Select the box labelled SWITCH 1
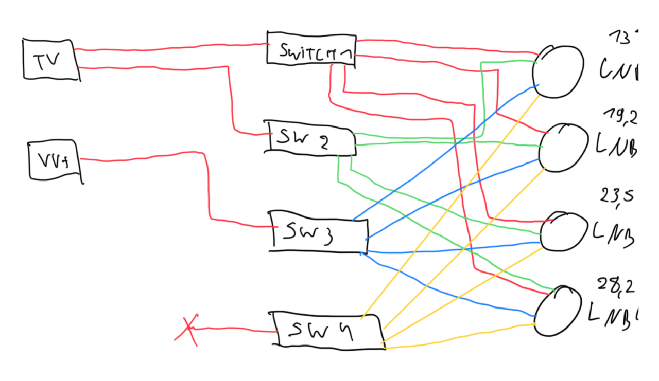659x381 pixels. [x=310, y=49]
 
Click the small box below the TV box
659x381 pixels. [x=55, y=161]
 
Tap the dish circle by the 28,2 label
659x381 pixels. [x=559, y=310]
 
